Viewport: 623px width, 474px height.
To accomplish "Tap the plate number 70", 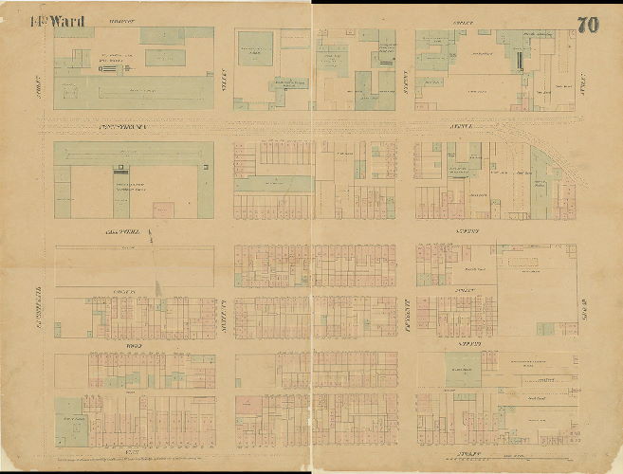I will pos(587,25).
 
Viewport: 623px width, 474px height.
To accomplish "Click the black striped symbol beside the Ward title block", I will pos(110,68).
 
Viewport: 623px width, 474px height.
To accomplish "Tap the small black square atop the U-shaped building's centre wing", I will pos(119,170).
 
